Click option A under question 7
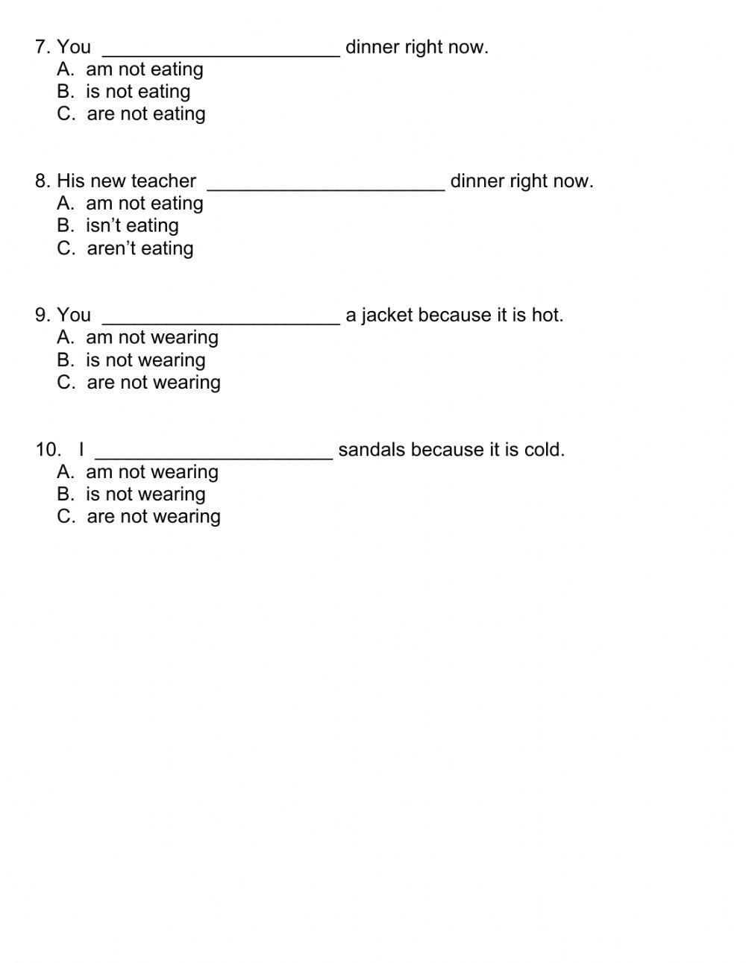pos(130,69)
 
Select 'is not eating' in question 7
pos(124,92)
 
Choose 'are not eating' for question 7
pos(131,114)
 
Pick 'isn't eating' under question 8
pos(118,226)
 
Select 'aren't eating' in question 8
pos(125,248)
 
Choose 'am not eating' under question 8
pos(130,204)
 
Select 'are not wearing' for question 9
pos(139,383)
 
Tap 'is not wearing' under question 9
pos(131,360)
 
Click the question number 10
pos(48,450)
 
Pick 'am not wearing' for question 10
pos(137,472)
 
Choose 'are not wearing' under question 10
pos(139,517)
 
